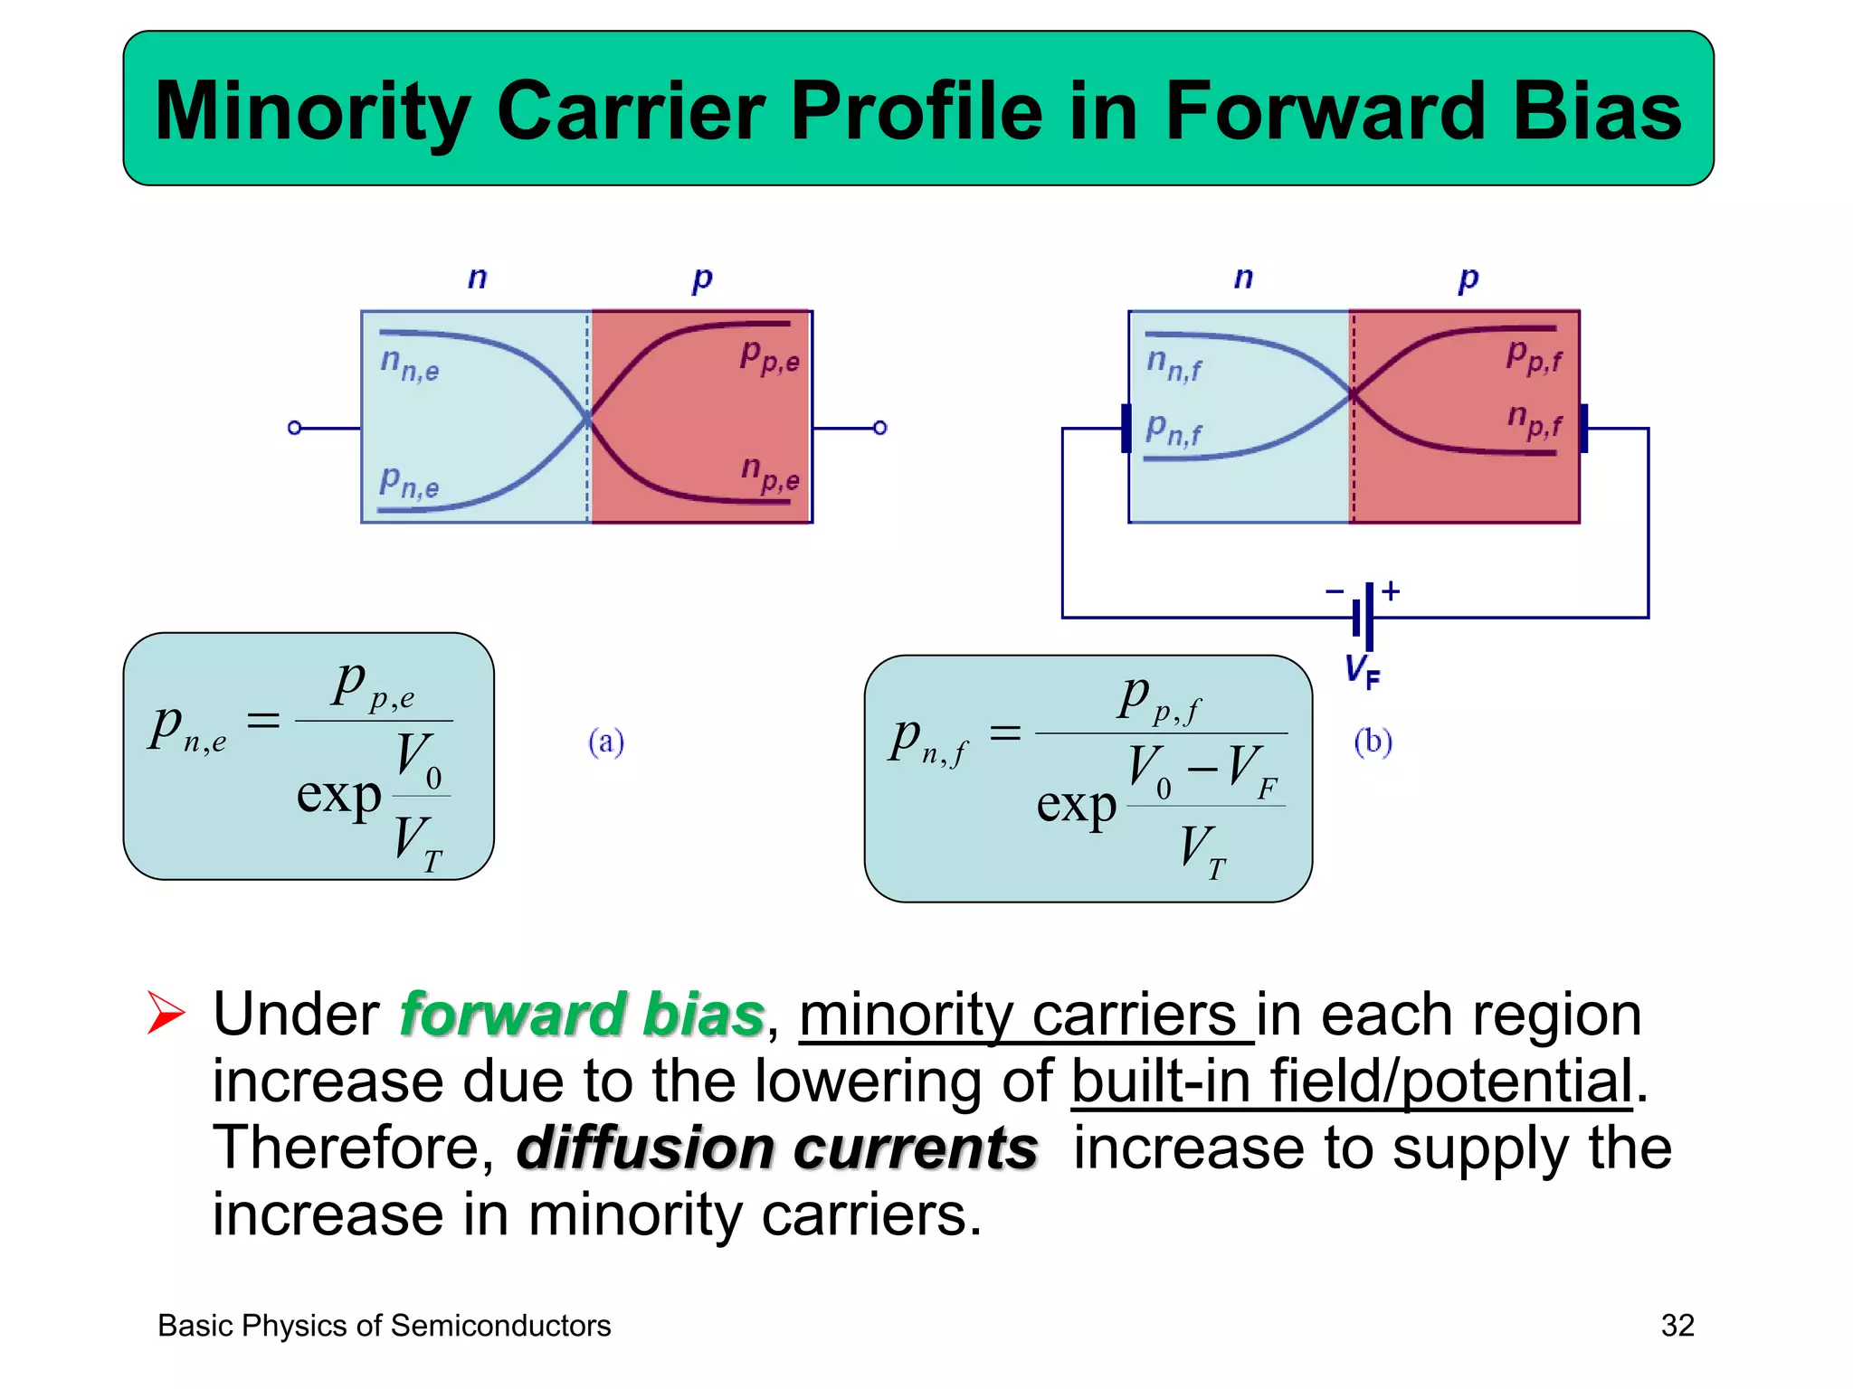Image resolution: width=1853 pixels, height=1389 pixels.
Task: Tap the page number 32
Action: point(1677,1325)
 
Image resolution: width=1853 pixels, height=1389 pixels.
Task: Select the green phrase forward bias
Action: point(582,1014)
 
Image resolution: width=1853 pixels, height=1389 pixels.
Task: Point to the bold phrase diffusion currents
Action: point(777,1148)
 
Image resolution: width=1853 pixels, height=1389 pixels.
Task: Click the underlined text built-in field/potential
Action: point(1352,1081)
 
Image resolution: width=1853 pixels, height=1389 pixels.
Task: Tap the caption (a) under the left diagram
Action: point(606,742)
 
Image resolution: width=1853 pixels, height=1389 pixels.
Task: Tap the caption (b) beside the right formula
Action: point(1373,742)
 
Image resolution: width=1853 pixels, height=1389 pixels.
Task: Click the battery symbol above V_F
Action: point(1364,617)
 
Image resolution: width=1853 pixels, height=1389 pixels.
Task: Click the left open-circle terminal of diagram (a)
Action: point(294,428)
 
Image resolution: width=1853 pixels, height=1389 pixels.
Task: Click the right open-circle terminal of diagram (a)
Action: point(879,428)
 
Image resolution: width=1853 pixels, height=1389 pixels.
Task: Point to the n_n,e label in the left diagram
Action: point(409,364)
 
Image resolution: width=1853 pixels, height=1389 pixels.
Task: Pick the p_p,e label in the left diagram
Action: point(769,356)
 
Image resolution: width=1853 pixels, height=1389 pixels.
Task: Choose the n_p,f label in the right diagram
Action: point(1535,420)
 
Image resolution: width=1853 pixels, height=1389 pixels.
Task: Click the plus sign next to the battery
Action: point(1391,591)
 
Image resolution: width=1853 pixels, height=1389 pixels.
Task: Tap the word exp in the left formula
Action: point(339,796)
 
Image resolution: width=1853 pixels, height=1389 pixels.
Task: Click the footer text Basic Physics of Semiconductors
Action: point(384,1326)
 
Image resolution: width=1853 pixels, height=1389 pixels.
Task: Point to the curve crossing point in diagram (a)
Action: point(587,419)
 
